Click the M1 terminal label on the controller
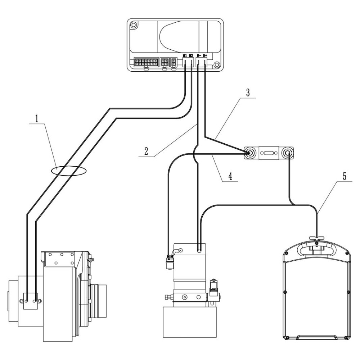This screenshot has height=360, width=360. (185, 55)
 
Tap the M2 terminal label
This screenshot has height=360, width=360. (191, 55)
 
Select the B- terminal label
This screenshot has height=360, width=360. (199, 55)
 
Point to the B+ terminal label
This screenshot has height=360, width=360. (206, 55)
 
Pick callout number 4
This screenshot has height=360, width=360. (231, 176)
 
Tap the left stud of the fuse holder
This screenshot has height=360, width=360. (249, 153)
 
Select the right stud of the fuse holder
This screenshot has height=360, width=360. (288, 154)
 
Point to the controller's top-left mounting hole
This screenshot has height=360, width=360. (134, 26)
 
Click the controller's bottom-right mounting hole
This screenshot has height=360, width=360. (217, 66)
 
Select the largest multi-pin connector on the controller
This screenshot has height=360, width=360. (145, 63)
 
